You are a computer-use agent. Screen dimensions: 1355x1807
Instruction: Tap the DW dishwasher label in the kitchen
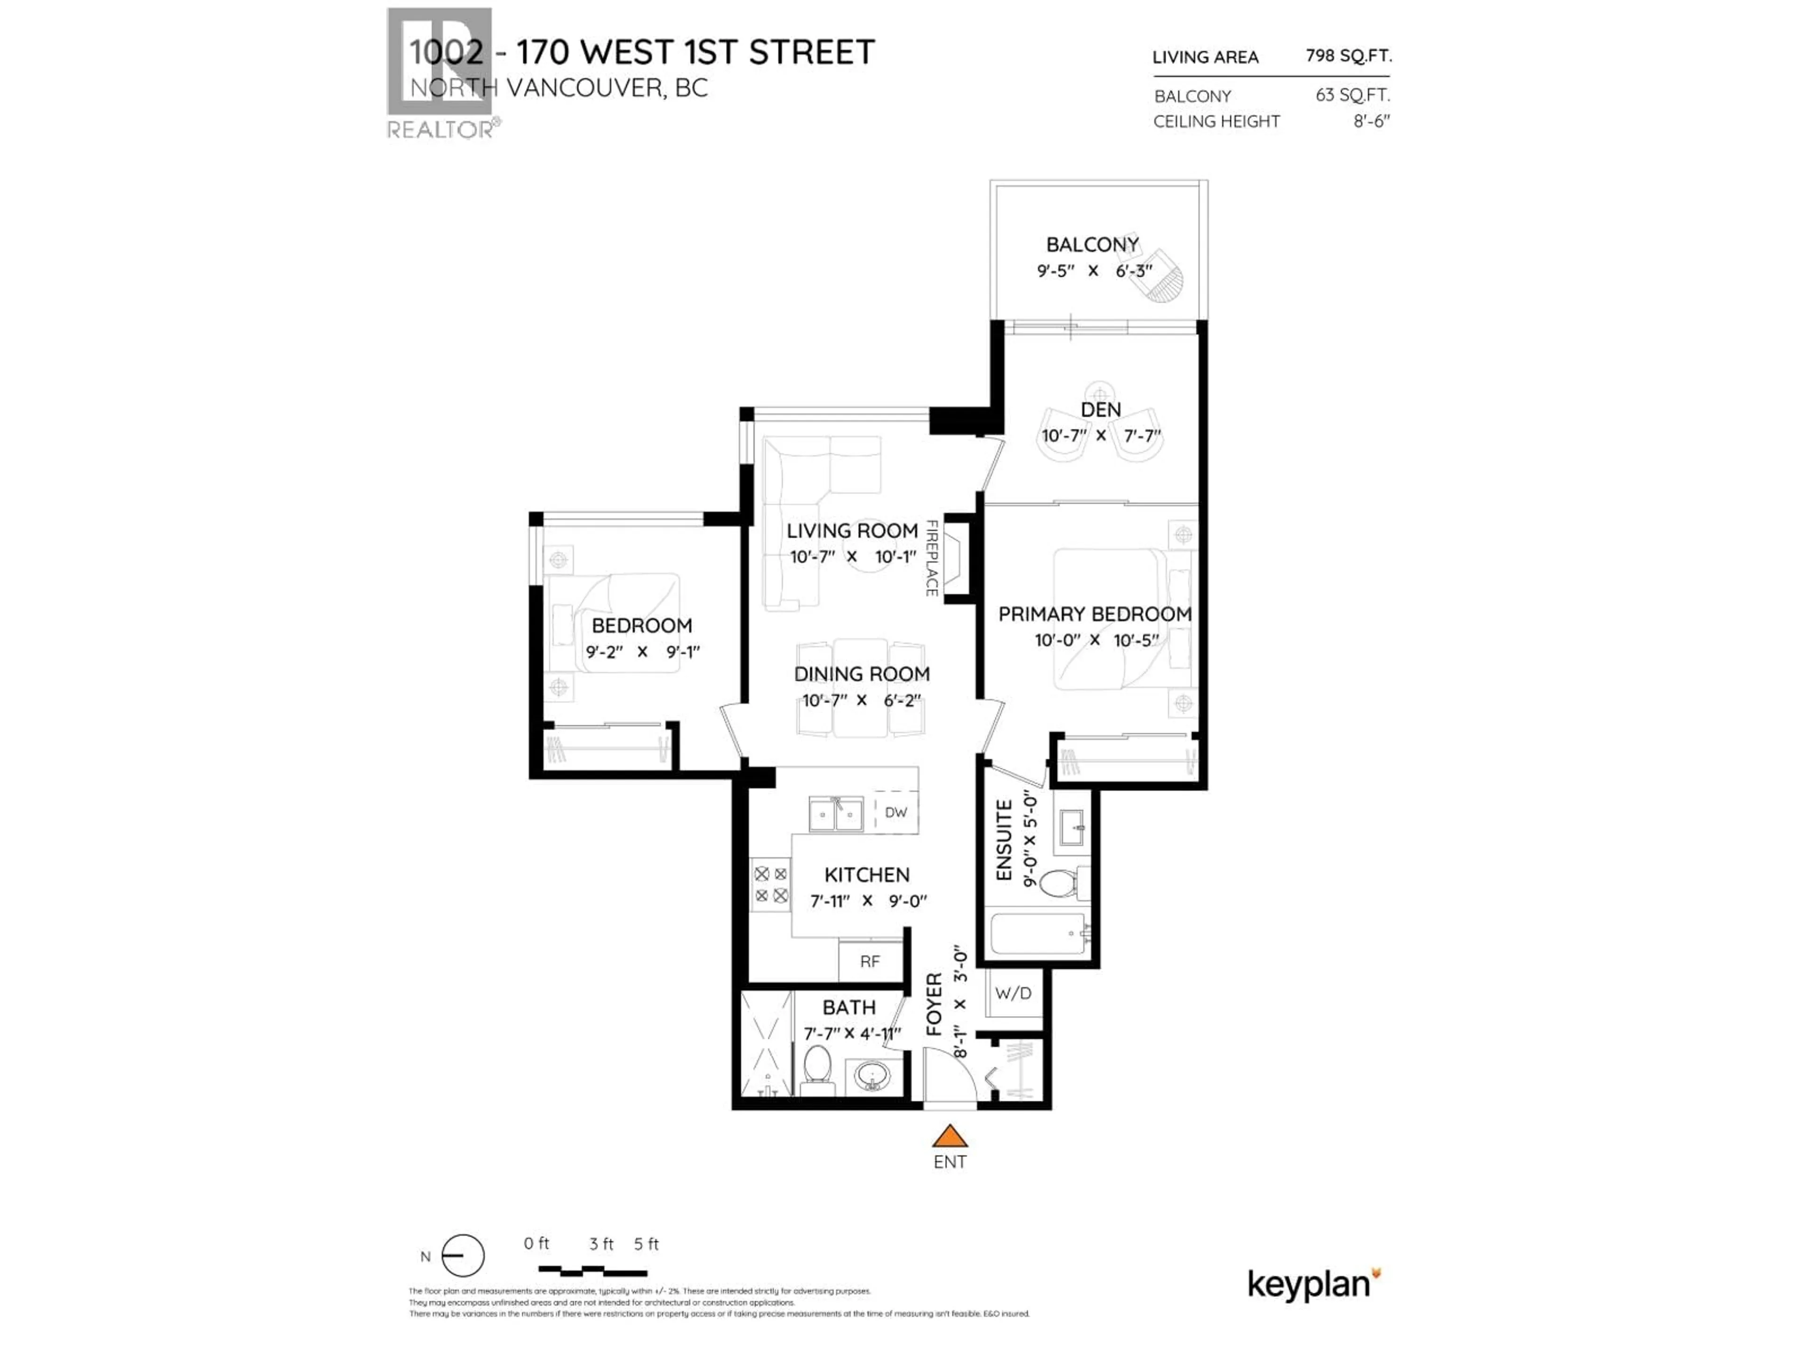tap(896, 812)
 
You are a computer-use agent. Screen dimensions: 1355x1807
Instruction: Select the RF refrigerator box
tap(870, 961)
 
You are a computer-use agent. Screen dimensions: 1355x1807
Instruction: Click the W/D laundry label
tap(1013, 993)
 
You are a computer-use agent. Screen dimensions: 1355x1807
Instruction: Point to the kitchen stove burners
tap(770, 885)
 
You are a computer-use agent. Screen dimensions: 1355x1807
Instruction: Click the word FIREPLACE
tap(931, 558)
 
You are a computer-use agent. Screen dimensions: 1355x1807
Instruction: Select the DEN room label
tap(1100, 410)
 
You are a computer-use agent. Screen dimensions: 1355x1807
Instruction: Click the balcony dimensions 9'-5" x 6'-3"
tap(1093, 271)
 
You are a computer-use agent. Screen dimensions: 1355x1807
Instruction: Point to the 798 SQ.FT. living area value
tap(1348, 56)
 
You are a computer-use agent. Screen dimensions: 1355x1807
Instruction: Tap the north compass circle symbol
tap(463, 1255)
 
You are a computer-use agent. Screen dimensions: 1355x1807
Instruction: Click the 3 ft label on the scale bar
tap(601, 1244)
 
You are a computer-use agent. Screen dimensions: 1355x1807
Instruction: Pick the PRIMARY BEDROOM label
tap(1095, 614)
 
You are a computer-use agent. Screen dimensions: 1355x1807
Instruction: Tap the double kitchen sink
tap(836, 814)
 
